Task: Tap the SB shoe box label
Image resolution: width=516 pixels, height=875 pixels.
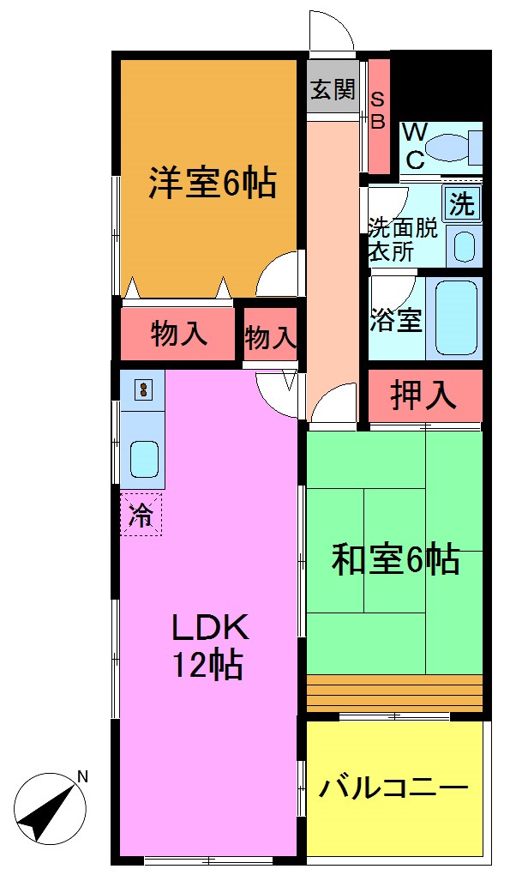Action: (x=378, y=110)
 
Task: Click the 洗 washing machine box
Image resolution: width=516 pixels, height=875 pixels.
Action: (x=463, y=204)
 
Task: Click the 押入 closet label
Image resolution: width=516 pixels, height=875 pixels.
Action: (x=423, y=395)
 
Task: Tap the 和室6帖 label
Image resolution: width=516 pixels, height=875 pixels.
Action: (x=395, y=560)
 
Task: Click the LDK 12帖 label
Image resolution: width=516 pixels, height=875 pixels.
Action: (x=210, y=646)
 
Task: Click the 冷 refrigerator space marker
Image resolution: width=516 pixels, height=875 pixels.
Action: (x=141, y=516)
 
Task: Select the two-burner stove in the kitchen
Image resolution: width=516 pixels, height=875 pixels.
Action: (x=143, y=390)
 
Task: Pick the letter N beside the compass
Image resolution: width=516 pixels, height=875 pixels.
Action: (x=83, y=777)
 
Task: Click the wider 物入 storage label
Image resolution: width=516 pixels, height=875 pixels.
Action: (x=179, y=335)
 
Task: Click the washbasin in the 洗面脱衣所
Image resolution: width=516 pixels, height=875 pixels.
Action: (x=464, y=246)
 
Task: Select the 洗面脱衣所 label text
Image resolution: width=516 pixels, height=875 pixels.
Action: (x=403, y=239)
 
